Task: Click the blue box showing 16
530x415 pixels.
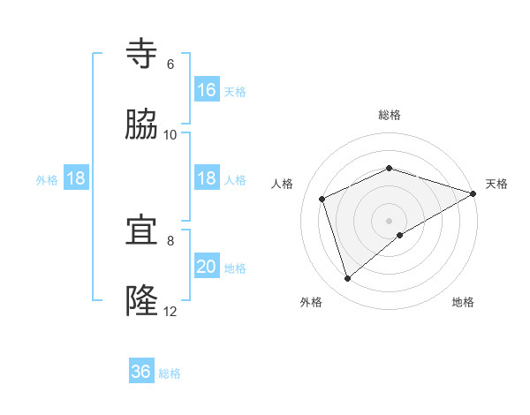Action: pyautogui.click(x=207, y=90)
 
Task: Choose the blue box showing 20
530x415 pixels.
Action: pyautogui.click(x=207, y=267)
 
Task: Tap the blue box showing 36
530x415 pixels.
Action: pyautogui.click(x=141, y=372)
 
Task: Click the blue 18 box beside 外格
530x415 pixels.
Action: pyautogui.click(x=76, y=178)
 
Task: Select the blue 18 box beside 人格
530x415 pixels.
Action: pyautogui.click(x=207, y=178)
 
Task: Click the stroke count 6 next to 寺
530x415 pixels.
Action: pyautogui.click(x=170, y=64)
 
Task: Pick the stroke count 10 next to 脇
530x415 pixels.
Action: pyautogui.click(x=170, y=135)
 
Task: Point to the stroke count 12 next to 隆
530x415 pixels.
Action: pyautogui.click(x=170, y=312)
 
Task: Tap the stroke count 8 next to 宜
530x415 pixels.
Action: pyautogui.click(x=170, y=240)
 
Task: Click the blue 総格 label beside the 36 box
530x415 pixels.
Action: pyautogui.click(x=170, y=373)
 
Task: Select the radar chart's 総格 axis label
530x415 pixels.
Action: pyautogui.click(x=390, y=116)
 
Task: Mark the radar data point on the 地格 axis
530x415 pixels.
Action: pyautogui.click(x=400, y=235)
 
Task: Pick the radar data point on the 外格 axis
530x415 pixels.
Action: pyautogui.click(x=347, y=279)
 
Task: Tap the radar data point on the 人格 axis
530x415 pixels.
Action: pyautogui.click(x=322, y=199)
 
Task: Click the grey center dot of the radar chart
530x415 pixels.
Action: pyautogui.click(x=390, y=220)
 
